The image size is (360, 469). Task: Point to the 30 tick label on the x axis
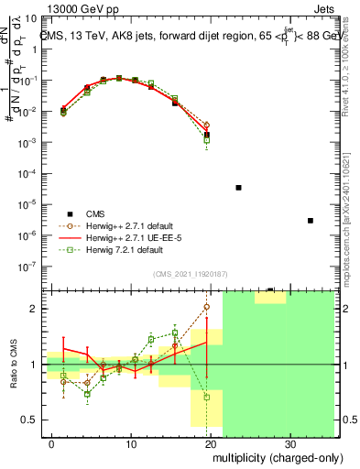click(293, 444)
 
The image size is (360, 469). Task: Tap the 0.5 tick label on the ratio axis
click(29, 420)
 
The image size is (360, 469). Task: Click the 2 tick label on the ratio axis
click(35, 309)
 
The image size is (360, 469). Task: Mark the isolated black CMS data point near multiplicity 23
click(238, 187)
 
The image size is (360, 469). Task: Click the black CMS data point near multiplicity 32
click(311, 220)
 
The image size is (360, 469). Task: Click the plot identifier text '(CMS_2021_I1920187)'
click(190, 272)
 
